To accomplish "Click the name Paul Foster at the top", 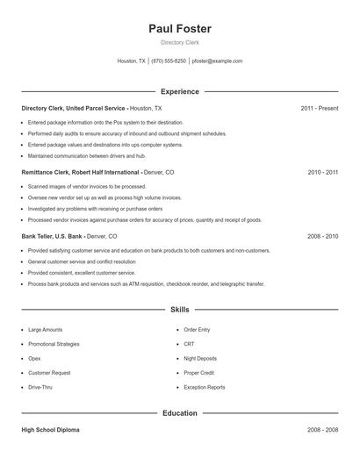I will click(180, 29).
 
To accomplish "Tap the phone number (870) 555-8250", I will click(169, 61).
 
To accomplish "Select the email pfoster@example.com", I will click(217, 61).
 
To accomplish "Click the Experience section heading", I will click(180, 91).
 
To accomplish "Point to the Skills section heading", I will click(180, 310).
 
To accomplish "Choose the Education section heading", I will click(180, 413).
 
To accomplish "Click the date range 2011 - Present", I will click(319, 108).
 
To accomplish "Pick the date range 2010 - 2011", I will click(322, 173).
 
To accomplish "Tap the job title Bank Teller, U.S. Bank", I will click(52, 237).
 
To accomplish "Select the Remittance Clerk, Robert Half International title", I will click(80, 173).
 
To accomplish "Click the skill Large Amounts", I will click(45, 330).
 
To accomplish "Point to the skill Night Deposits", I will click(202, 359).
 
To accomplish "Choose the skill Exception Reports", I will click(205, 388).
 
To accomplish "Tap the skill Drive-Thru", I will click(40, 388).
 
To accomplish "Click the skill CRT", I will click(189, 344).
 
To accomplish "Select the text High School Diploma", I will click(51, 431).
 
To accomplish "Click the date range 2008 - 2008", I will click(322, 431).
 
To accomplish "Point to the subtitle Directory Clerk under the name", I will click(180, 43).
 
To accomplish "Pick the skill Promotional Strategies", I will click(54, 344).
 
